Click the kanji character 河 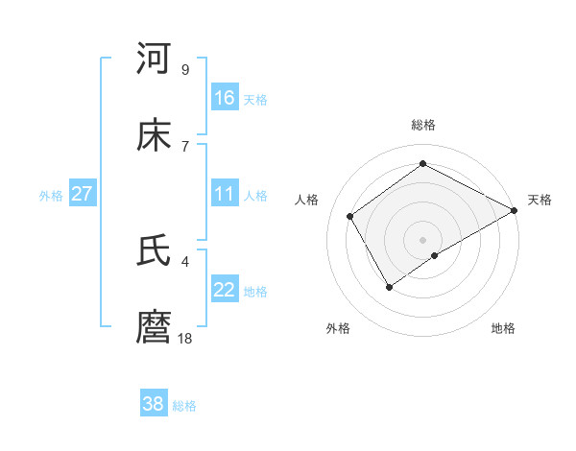coord(154,59)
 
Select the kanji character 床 coord(154,136)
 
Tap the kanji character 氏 coord(154,251)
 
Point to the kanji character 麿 coord(154,328)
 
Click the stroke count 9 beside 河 coord(184,69)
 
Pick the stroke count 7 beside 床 coord(184,146)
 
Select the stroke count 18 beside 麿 coord(186,338)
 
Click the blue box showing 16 coord(225,98)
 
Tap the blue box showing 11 coord(225,194)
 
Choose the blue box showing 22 coord(225,290)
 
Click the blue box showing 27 coord(83,194)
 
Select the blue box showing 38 coord(154,404)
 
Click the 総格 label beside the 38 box coord(184,406)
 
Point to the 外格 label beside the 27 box coord(51,196)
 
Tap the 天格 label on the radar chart coord(540,200)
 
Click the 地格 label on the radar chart coord(503,328)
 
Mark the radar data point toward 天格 coord(515,211)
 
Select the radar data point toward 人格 coord(350,216)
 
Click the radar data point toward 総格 coord(422,164)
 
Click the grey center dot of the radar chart coord(422,239)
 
